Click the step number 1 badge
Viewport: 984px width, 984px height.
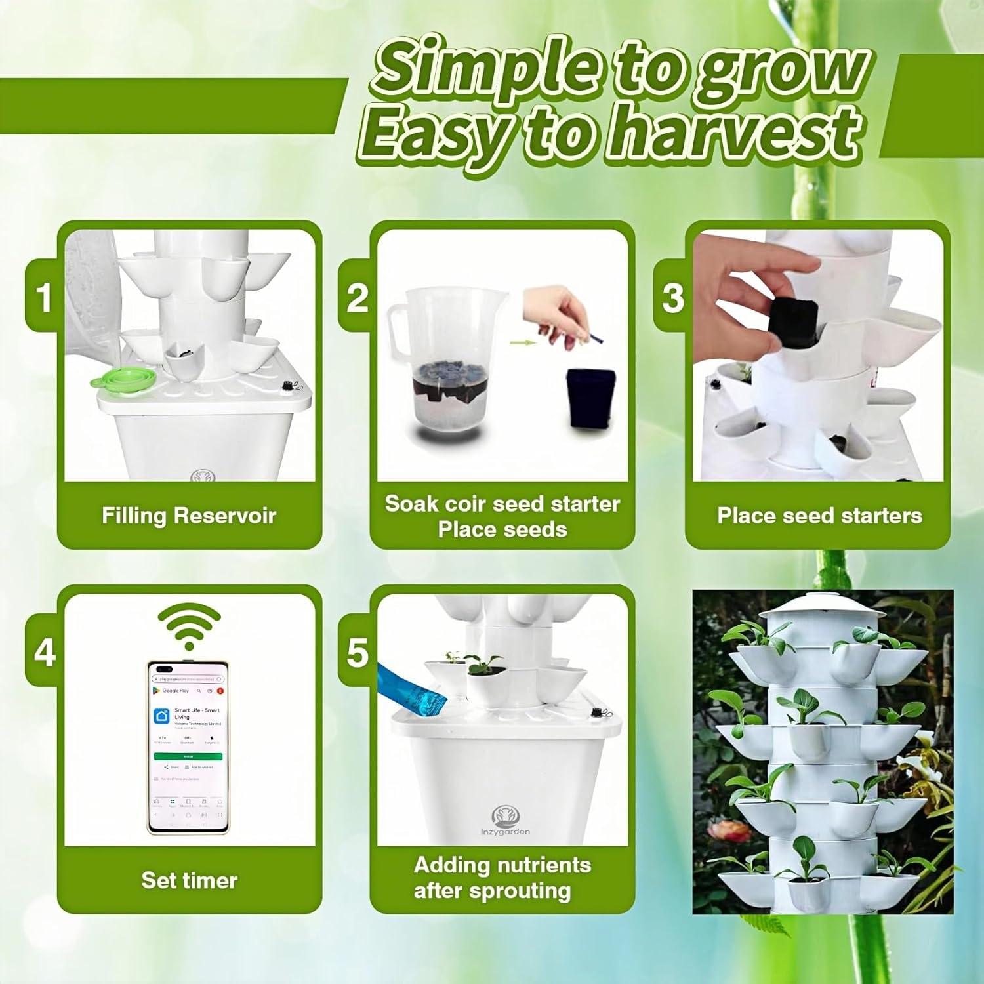point(44,297)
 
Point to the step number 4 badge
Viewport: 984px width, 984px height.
point(44,653)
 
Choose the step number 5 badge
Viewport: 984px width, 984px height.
point(357,653)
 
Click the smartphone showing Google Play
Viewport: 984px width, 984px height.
point(189,746)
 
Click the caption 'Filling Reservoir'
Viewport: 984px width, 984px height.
point(189,516)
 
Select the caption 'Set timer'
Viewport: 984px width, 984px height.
point(189,880)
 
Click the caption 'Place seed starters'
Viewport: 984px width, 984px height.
point(819,516)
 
